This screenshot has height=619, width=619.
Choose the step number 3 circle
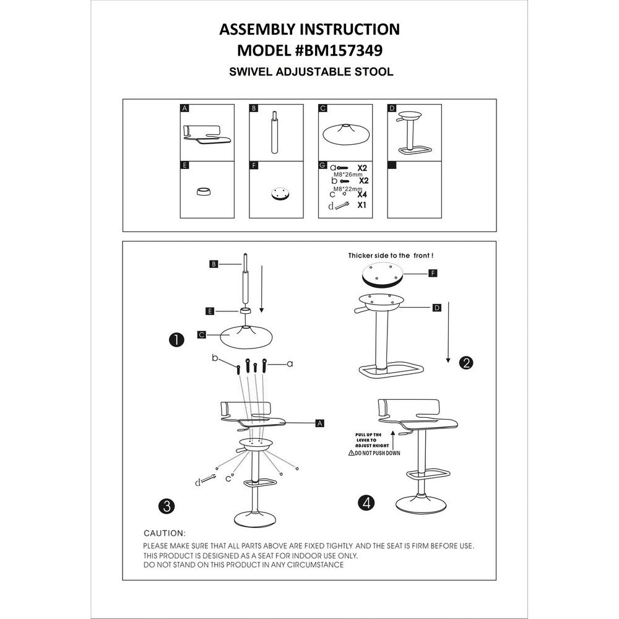(165, 505)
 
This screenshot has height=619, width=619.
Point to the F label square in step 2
(434, 273)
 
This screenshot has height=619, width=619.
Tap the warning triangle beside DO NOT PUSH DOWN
(351, 453)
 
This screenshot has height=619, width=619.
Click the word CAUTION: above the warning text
(164, 533)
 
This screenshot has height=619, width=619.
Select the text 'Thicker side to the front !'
(395, 255)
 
